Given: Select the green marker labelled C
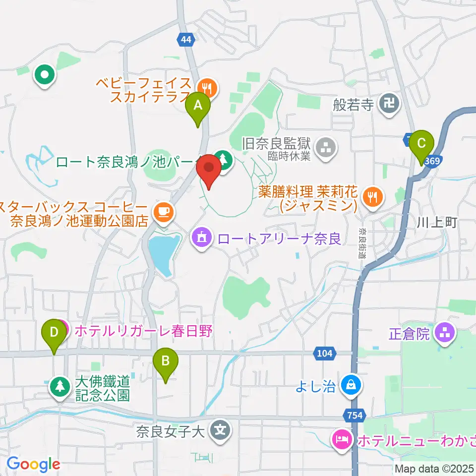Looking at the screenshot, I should pyautogui.click(x=421, y=144).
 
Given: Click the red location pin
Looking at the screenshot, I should pyautogui.click(x=209, y=169).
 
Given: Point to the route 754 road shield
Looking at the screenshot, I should pyautogui.click(x=353, y=415).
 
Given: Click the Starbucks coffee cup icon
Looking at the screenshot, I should pyautogui.click(x=163, y=212).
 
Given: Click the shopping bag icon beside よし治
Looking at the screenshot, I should pyautogui.click(x=351, y=384).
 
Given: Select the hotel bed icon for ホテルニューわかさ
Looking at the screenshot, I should pyautogui.click(x=342, y=439).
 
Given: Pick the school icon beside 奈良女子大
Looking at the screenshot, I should pyautogui.click(x=220, y=429).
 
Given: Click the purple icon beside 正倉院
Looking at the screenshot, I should pyautogui.click(x=444, y=334).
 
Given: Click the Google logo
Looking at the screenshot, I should pyautogui.click(x=33, y=464).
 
